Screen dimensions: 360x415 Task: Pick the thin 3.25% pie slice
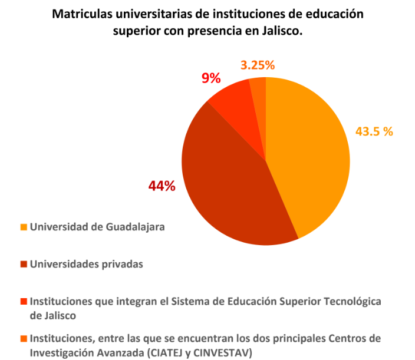tap(259, 88)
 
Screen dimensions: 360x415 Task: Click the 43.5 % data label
tap(374, 131)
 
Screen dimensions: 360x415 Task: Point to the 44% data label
tap(162, 186)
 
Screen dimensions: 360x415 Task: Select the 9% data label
tap(211, 78)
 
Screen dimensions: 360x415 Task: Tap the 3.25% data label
tap(258, 65)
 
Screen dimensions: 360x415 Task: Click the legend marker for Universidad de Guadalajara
tap(24, 226)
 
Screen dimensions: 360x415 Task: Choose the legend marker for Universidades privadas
tap(24, 265)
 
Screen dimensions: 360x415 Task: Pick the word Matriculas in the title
tap(80, 13)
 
